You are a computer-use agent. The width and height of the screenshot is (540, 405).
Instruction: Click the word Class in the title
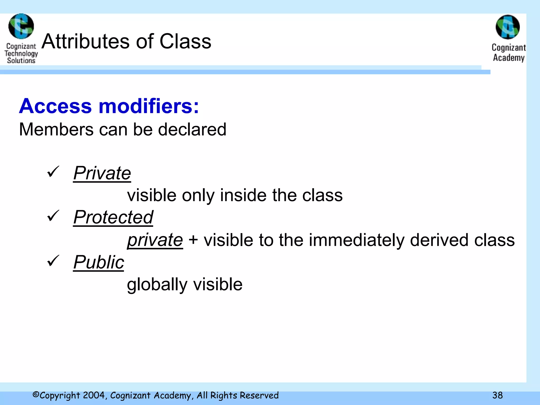click(x=185, y=41)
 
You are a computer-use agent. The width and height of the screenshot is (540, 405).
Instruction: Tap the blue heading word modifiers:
click(x=149, y=106)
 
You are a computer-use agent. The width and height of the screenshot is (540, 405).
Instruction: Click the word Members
click(x=56, y=129)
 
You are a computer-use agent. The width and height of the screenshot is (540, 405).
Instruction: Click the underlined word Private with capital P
click(x=102, y=173)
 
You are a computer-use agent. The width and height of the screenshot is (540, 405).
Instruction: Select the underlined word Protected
click(x=113, y=218)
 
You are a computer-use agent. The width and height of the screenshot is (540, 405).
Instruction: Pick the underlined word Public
click(x=99, y=262)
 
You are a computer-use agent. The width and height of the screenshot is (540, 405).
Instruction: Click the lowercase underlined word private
click(x=155, y=240)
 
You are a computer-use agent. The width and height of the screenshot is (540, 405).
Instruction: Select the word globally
click(x=157, y=285)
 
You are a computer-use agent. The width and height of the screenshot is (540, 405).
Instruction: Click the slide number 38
click(x=497, y=395)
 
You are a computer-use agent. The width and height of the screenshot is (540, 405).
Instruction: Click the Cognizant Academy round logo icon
click(x=508, y=27)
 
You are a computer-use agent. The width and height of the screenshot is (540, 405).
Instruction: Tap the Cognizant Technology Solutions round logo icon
click(x=21, y=26)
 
